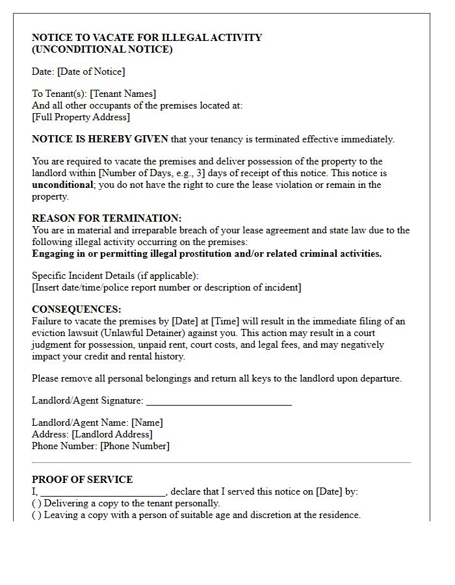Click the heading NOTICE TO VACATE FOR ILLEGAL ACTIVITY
pos(147,38)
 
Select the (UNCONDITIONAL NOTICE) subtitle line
pos(102,49)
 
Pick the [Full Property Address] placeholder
pos(81,117)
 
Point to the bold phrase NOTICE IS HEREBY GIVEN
pos(100,139)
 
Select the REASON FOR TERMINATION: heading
pos(107,218)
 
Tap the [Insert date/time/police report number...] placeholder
pos(166,287)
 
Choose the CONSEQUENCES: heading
pos(77,309)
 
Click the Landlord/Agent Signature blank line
pos(218,401)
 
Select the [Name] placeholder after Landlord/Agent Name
pos(147,422)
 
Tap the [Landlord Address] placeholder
pos(112,434)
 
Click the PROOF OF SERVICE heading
pos(82,480)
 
